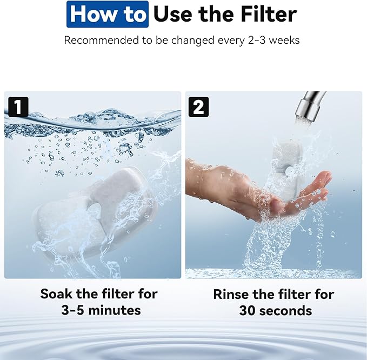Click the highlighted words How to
108,15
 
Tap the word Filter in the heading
266,15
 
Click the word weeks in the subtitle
286,41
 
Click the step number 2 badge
198,106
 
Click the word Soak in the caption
58,295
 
